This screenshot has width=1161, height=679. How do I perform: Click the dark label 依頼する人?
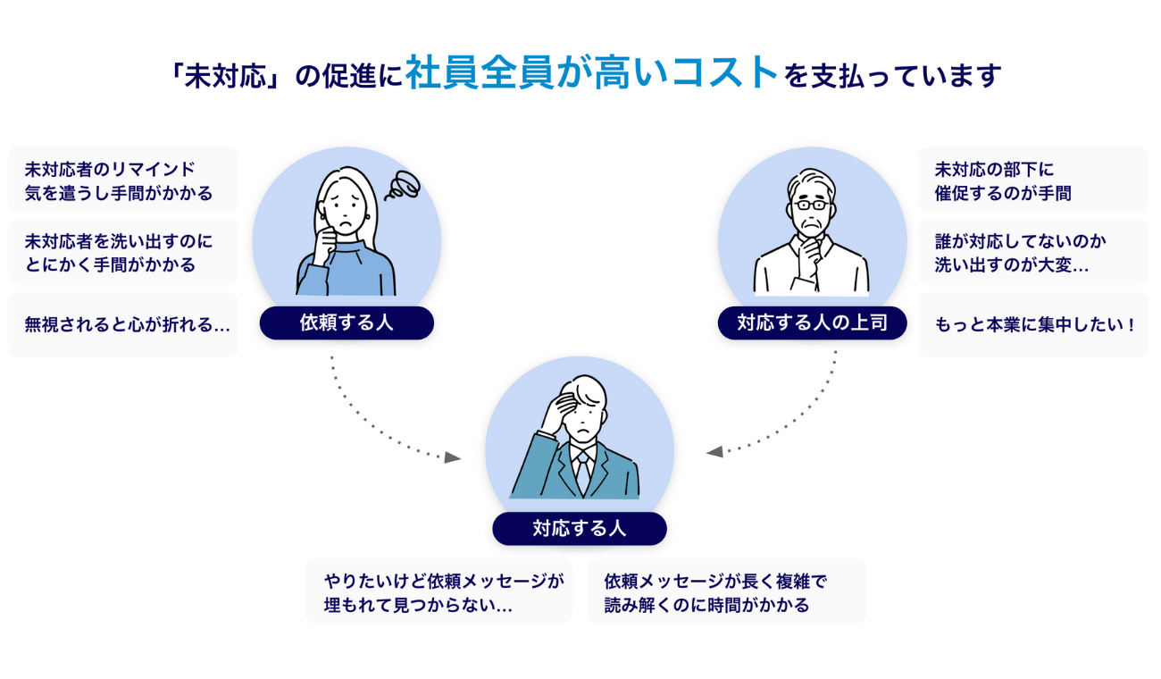click(347, 323)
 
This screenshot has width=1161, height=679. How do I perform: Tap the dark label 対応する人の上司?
click(812, 323)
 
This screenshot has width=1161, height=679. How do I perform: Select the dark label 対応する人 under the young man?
click(579, 529)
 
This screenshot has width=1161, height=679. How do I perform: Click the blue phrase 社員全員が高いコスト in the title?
click(592, 73)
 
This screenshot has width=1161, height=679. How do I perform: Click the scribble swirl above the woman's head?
click(401, 186)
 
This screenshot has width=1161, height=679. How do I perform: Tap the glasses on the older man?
click(812, 205)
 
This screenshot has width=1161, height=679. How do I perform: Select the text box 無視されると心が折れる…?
click(123, 325)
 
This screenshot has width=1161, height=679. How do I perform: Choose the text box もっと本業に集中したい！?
click(1032, 325)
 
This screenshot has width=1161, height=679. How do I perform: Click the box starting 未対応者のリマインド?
click(123, 180)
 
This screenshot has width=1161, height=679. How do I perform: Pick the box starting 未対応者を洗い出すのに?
click(123, 253)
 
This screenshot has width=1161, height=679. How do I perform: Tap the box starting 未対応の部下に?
click(1032, 180)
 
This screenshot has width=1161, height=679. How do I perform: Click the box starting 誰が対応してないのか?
click(1032, 253)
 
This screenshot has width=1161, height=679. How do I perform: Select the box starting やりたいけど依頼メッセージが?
click(439, 591)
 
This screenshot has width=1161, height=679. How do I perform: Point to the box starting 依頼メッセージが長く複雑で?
click(726, 591)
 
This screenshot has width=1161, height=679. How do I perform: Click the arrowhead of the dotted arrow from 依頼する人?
click(453, 457)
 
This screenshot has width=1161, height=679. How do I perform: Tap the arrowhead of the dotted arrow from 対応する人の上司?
click(714, 452)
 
